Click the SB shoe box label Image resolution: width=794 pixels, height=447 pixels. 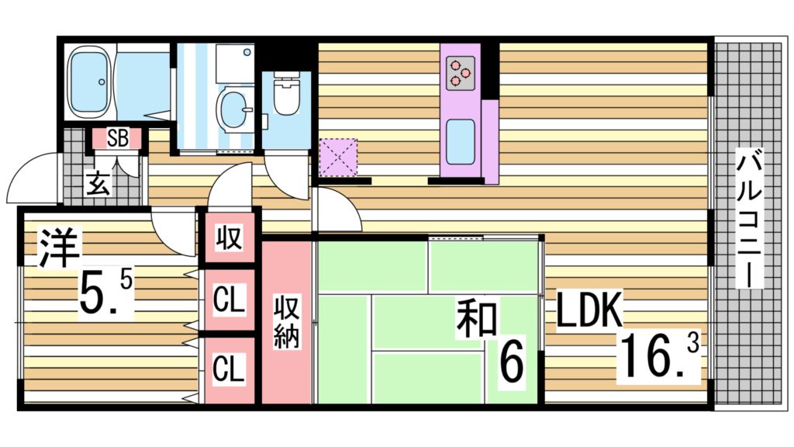coord(118,139)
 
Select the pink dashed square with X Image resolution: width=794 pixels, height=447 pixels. coord(338,158)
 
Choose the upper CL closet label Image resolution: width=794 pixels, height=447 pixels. coord(229,299)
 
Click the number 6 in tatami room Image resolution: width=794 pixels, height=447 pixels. coord(509,361)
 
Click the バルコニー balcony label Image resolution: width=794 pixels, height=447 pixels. coord(748,220)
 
